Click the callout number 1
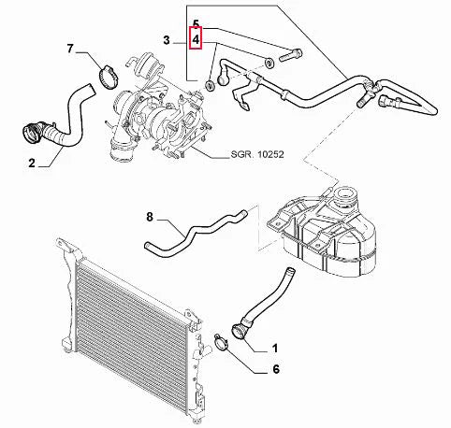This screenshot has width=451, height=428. (x=275, y=348)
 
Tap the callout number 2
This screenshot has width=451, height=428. (x=32, y=164)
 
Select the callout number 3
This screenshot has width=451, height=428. (x=166, y=41)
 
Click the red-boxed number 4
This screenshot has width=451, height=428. (x=196, y=41)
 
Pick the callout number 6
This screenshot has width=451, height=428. (x=275, y=370)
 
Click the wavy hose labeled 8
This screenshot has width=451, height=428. (x=192, y=231)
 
